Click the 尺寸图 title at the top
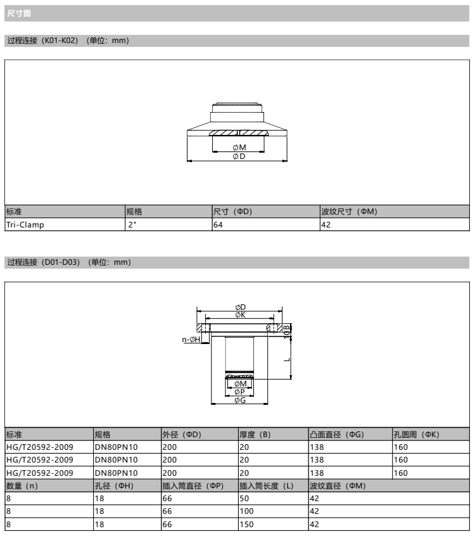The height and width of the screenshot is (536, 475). (19, 13)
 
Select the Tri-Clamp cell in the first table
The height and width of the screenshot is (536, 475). (25, 225)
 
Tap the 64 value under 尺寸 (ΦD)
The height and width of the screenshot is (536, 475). (218, 225)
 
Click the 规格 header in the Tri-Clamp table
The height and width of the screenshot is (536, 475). (134, 212)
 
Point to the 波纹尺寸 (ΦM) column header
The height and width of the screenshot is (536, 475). (349, 212)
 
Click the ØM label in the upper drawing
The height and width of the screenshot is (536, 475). (239, 148)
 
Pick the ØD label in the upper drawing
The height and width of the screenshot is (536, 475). (239, 156)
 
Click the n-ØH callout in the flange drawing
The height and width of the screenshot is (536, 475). (191, 340)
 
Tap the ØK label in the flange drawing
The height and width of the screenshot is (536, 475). (240, 315)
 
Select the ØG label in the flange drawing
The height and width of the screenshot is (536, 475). (240, 400)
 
